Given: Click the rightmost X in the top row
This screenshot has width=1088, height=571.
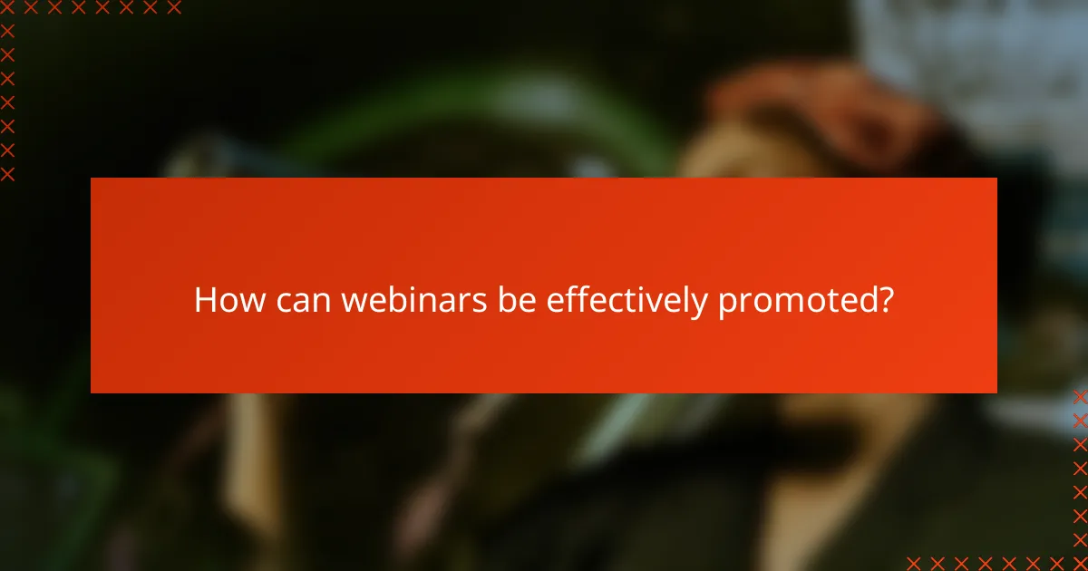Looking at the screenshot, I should [x=174, y=8].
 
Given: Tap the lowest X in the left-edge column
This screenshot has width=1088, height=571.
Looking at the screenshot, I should [x=8, y=173].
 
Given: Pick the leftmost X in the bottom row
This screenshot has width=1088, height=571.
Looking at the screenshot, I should [x=913, y=563].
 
